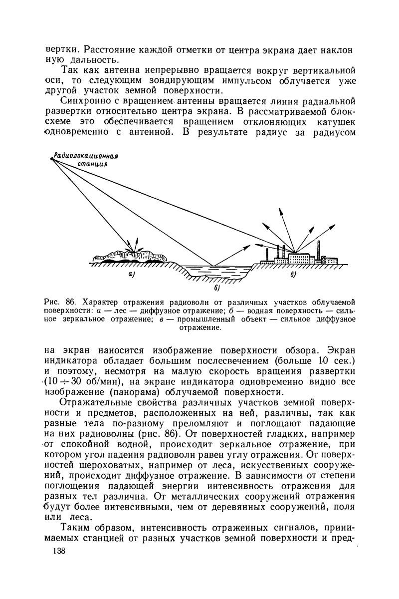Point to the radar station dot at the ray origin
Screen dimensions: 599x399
(x=51, y=158)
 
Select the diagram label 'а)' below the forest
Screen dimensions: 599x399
(x=131, y=275)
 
